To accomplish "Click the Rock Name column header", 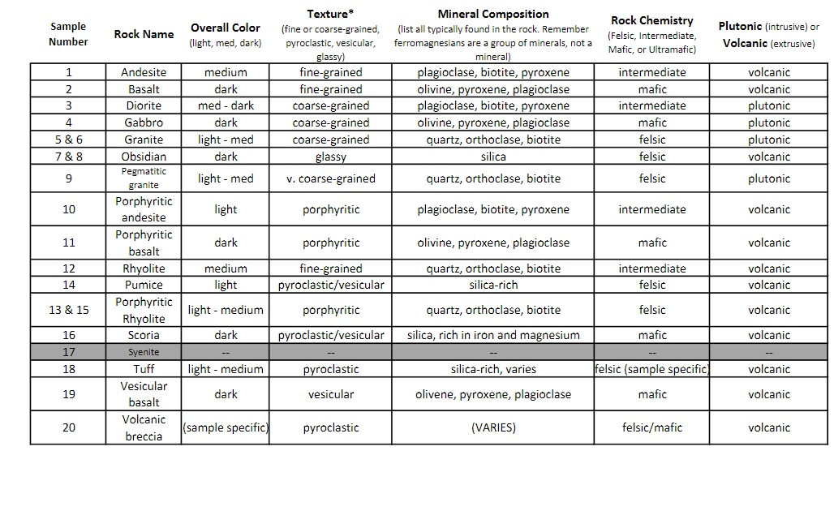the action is pyautogui.click(x=144, y=34).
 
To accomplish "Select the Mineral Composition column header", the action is pyautogui.click(x=493, y=14).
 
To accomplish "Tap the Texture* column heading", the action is pyautogui.click(x=330, y=14).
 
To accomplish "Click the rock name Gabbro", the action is pyautogui.click(x=144, y=122).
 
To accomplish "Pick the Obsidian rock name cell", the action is pyautogui.click(x=144, y=157).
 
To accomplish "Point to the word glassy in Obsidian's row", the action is pyautogui.click(x=330, y=157).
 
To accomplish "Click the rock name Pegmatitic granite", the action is pyautogui.click(x=144, y=178).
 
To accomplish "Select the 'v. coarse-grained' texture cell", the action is pyautogui.click(x=330, y=178).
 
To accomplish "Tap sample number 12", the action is pyautogui.click(x=69, y=268).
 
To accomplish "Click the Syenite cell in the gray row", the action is pyautogui.click(x=144, y=352).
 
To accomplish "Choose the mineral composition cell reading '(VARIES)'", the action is pyautogui.click(x=493, y=427).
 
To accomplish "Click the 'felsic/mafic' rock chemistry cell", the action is pyautogui.click(x=652, y=427).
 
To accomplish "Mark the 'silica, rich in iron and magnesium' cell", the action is pyautogui.click(x=493, y=335).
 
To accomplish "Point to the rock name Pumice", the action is pyautogui.click(x=144, y=285).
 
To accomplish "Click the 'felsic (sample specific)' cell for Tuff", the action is pyautogui.click(x=652, y=369).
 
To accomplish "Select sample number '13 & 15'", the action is pyautogui.click(x=69, y=310).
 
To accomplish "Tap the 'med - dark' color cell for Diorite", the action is pyautogui.click(x=226, y=105).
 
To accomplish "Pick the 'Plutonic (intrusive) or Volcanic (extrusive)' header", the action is pyautogui.click(x=768, y=34).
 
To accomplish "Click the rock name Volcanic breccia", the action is pyautogui.click(x=144, y=427).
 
